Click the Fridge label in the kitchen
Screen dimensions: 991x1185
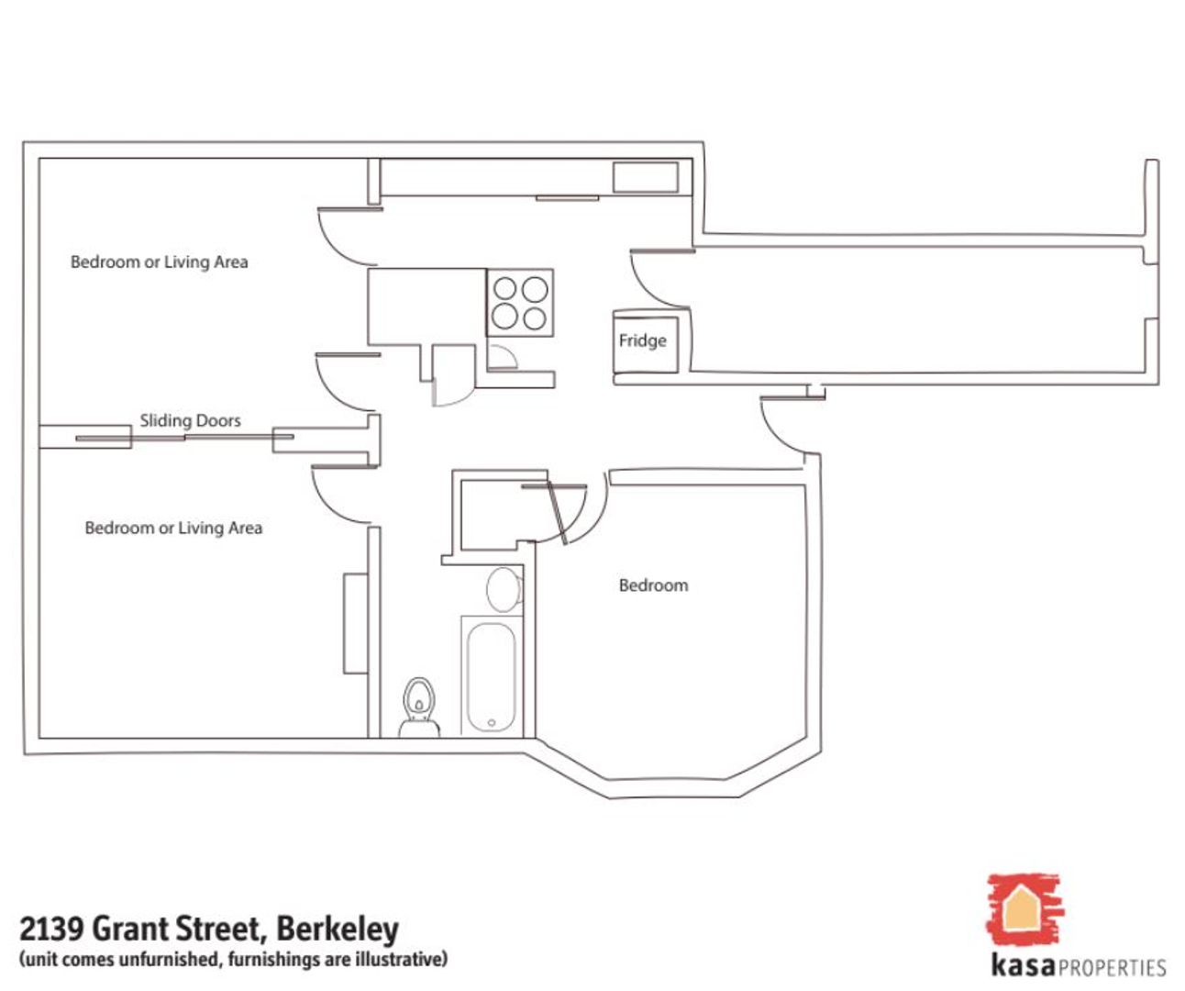click(642, 340)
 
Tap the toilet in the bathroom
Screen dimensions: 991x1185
click(418, 707)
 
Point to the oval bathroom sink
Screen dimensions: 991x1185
click(503, 590)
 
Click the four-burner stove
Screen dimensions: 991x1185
click(520, 303)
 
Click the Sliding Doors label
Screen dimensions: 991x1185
click(190, 421)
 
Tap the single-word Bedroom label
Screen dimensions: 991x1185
click(653, 585)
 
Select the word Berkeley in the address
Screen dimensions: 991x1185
click(338, 929)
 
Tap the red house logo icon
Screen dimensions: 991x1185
click(1023, 909)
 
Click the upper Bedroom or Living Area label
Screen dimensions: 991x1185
click(160, 262)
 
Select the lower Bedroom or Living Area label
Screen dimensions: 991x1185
click(173, 529)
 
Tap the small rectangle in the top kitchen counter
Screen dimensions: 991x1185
click(646, 177)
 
